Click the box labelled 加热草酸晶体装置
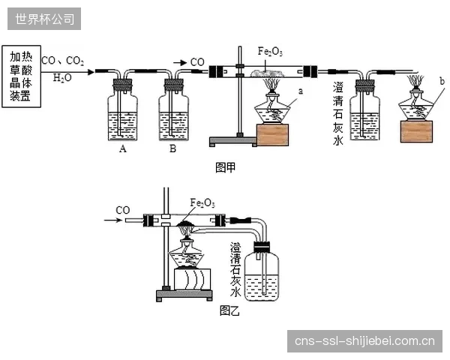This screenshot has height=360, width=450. (22, 76)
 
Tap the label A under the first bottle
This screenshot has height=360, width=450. (123, 148)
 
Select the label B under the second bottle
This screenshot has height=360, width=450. (172, 148)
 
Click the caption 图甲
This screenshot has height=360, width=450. (225, 168)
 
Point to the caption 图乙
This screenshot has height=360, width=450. (229, 310)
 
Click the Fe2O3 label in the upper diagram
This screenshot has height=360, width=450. (270, 52)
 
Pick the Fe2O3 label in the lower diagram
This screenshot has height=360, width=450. (202, 203)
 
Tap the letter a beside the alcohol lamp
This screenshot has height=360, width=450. (301, 91)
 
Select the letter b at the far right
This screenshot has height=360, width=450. (442, 81)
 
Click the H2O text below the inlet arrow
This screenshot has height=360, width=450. (62, 77)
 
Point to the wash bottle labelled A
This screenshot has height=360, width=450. (122, 109)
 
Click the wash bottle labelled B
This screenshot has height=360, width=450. (174, 109)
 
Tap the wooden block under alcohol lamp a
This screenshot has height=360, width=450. (273, 135)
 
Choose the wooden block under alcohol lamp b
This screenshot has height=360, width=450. (416, 131)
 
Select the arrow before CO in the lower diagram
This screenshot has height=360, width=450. (113, 220)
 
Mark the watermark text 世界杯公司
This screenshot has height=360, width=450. (44, 19)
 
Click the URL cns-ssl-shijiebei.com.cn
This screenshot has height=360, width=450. (364, 341)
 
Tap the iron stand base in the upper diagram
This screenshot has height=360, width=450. (233, 141)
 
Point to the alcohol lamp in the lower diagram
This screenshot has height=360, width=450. (187, 253)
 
